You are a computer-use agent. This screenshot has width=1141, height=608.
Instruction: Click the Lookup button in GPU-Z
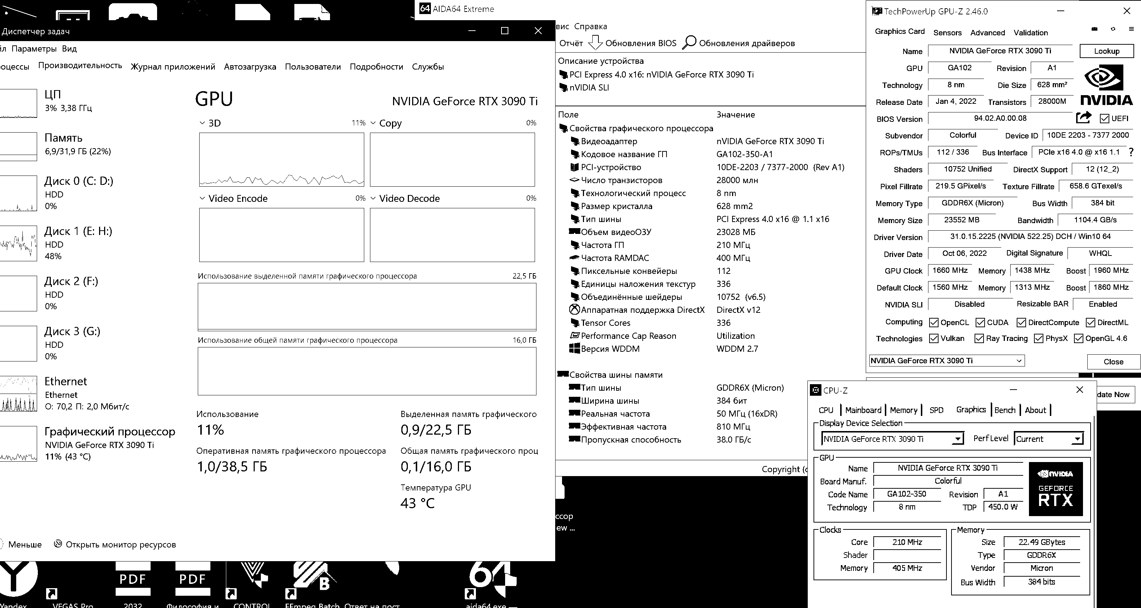click(1106, 51)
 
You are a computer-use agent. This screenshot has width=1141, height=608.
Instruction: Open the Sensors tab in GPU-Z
click(947, 33)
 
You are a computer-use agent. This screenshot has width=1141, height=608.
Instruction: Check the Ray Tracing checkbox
click(979, 338)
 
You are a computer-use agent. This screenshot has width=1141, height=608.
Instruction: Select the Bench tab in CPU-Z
click(1004, 410)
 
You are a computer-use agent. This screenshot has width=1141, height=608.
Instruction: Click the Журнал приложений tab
click(173, 67)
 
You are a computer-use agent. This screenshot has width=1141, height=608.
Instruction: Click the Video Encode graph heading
click(237, 199)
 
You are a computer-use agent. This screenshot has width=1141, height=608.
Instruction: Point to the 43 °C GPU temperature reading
click(417, 503)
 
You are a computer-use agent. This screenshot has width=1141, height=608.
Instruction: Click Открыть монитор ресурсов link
click(120, 545)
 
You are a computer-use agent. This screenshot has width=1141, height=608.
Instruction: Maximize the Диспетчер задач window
click(504, 31)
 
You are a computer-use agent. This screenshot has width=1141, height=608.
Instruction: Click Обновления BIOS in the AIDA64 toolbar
click(640, 43)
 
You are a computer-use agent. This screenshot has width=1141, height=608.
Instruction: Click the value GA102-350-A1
click(744, 154)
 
